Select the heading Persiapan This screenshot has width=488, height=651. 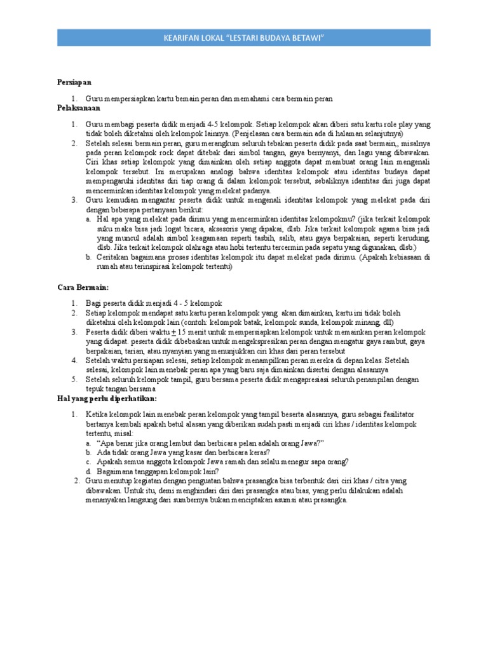pos(74,83)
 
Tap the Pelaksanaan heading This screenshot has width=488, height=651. pos(78,109)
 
